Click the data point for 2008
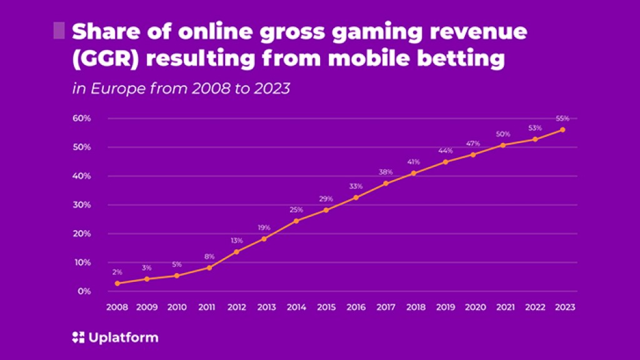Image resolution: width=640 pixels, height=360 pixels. tap(117, 283)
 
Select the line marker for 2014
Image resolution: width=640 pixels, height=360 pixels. tap(296, 221)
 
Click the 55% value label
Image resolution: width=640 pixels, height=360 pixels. tap(563, 119)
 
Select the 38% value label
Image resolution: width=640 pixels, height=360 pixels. tap(386, 172)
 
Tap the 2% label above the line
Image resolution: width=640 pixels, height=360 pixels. tap(117, 272)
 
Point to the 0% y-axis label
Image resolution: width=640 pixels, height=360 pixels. tap(85, 291)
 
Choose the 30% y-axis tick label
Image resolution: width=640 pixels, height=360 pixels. tap(83, 205)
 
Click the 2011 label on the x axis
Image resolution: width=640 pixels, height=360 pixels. tap(207, 307)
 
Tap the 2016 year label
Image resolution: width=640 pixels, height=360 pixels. tap(356, 307)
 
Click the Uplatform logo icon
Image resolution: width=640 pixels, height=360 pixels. tap(77, 338)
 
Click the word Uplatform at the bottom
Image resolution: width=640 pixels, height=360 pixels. tap(122, 338)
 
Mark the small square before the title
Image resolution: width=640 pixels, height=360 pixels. tap(59, 31)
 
